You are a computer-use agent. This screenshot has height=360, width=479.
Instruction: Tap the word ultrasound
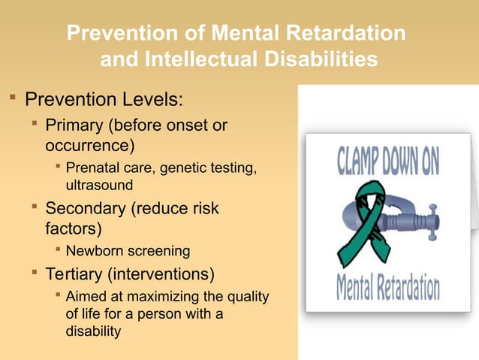(x=99, y=184)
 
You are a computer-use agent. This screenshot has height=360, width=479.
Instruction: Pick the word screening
(x=158, y=250)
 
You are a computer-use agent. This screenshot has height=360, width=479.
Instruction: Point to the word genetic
(x=182, y=167)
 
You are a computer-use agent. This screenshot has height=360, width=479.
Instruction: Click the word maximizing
(x=150, y=296)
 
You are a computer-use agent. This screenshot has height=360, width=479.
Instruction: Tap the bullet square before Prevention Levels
(x=12, y=98)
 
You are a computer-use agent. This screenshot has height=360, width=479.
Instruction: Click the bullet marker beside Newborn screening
(x=58, y=249)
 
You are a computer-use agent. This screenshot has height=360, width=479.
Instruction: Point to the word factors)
(x=74, y=227)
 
